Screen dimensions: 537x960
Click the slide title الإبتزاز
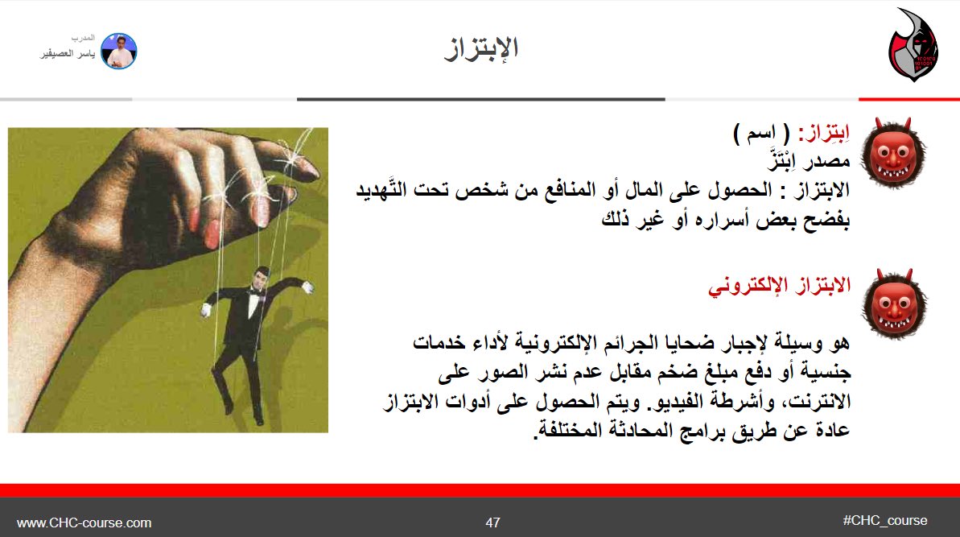click(481, 49)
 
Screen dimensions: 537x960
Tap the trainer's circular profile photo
click(119, 50)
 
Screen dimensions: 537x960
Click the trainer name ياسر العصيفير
click(68, 55)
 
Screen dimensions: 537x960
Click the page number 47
click(493, 523)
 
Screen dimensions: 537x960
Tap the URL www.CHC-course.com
click(84, 523)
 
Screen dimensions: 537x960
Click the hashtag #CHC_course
click(885, 520)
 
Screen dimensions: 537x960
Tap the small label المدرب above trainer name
click(84, 39)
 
